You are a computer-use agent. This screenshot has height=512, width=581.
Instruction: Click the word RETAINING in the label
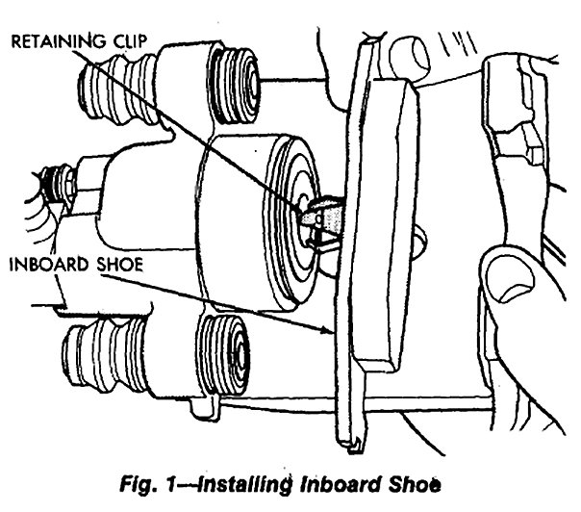pos(47,41)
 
